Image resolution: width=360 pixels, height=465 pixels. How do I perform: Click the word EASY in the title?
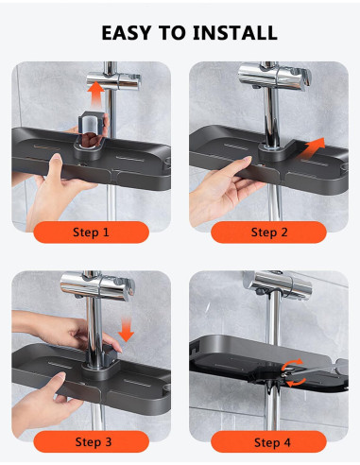127,33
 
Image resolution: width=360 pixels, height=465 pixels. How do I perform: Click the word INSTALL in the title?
235,33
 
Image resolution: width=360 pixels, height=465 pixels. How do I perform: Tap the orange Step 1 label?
91,232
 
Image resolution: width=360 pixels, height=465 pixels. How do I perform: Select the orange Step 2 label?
268,232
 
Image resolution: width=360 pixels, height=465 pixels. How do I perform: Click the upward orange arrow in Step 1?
95,95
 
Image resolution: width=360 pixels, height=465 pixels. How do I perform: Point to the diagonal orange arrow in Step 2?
312,148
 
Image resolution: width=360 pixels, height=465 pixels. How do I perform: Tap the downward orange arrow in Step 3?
127,330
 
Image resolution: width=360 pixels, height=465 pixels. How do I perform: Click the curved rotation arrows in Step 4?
293,373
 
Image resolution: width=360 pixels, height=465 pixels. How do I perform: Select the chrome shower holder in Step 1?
113,81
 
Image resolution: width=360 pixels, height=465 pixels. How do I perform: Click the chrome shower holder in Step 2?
274,77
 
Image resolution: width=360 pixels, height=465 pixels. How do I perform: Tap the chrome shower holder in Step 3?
97,286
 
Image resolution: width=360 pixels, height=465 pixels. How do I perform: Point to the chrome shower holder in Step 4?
277,284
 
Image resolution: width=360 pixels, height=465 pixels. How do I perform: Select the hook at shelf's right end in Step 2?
345,167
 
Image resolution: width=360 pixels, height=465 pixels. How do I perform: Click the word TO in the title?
172,33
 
